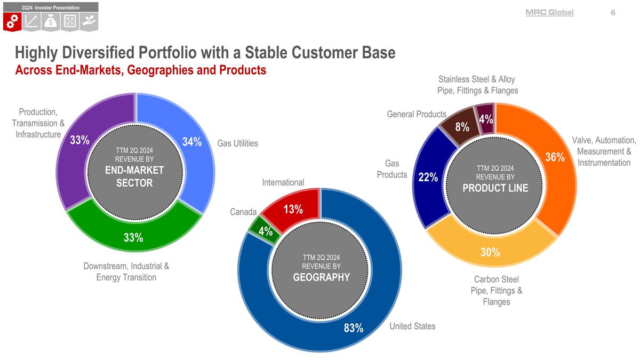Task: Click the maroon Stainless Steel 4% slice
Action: click(485, 118)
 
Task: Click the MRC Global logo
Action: click(549, 12)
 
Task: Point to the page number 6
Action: click(613, 12)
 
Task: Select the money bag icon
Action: click(51, 21)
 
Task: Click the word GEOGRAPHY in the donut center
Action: click(321, 277)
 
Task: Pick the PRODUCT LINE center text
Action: click(495, 188)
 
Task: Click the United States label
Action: click(412, 326)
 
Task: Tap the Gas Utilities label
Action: click(237, 143)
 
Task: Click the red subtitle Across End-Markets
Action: click(140, 70)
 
